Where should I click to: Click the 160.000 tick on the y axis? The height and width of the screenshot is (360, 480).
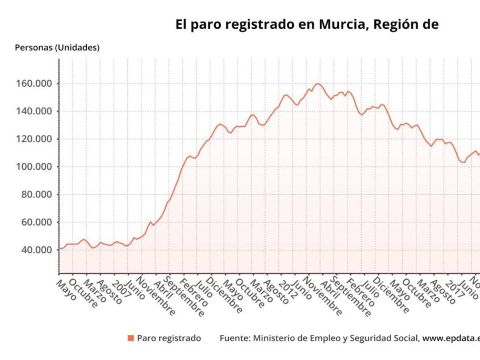pyautogui.click(x=34, y=84)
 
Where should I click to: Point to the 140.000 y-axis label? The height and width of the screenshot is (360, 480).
pyautogui.click(x=34, y=111)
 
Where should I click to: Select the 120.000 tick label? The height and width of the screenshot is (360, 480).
pyautogui.click(x=34, y=139)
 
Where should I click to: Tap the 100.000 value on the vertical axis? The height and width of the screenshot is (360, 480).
pyautogui.click(x=34, y=167)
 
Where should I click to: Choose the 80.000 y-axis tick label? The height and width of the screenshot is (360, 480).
pyautogui.click(x=36, y=194)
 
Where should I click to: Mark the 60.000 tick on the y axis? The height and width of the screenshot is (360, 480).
pyautogui.click(x=36, y=222)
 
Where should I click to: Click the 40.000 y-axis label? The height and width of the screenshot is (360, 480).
pyautogui.click(x=36, y=250)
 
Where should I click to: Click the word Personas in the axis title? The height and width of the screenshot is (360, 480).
pyautogui.click(x=33, y=48)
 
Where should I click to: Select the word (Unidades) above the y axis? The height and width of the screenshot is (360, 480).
pyautogui.click(x=77, y=48)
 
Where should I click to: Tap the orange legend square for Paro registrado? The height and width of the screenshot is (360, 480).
pyautogui.click(x=131, y=338)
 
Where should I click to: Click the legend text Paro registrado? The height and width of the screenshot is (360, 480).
pyautogui.click(x=169, y=338)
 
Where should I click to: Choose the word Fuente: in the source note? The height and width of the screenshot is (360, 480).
pyautogui.click(x=235, y=338)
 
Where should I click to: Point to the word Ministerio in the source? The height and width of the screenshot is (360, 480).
pyautogui.click(x=272, y=338)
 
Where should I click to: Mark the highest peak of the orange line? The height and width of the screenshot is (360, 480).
pyautogui.click(x=318, y=84)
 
